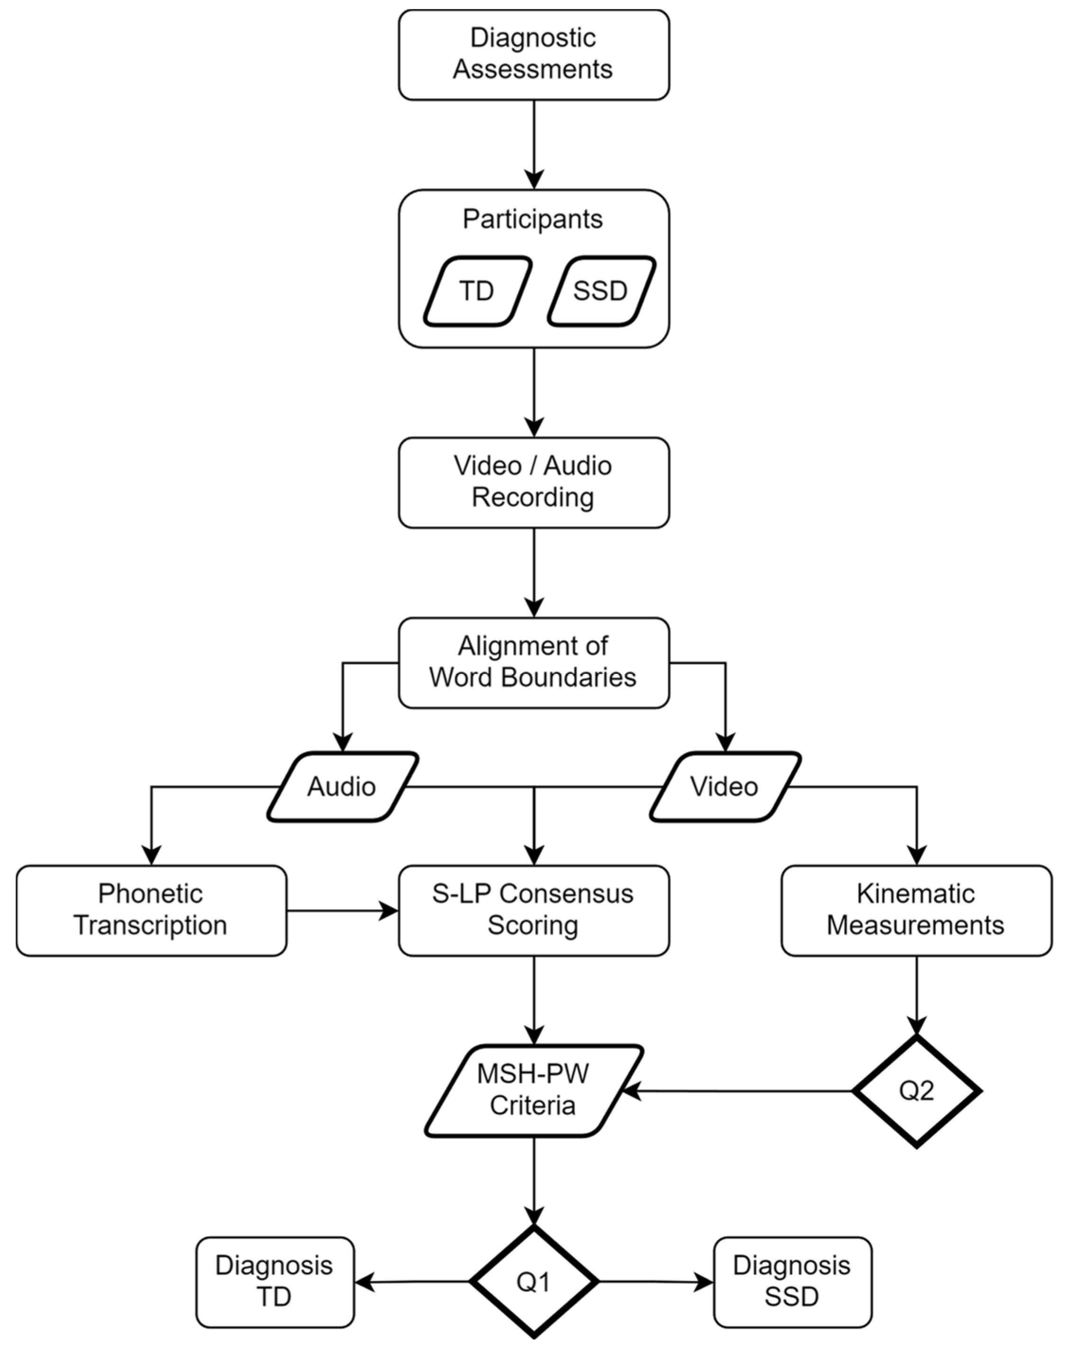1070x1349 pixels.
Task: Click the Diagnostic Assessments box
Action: pyautogui.click(x=533, y=54)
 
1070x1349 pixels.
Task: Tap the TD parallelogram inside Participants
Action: pyautogui.click(x=477, y=291)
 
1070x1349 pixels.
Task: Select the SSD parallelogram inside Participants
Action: pyautogui.click(x=601, y=291)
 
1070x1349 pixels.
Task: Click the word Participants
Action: pyautogui.click(x=532, y=219)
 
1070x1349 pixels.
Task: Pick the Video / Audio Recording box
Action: pyautogui.click(x=533, y=482)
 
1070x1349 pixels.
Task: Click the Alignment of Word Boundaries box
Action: pyautogui.click(x=533, y=662)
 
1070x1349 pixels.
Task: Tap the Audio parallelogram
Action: pyautogui.click(x=342, y=786)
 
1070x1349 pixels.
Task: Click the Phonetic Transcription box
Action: pyautogui.click(x=151, y=910)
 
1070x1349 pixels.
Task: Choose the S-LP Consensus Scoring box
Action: pyautogui.click(x=533, y=910)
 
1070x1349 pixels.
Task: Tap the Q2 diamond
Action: pyautogui.click(x=916, y=1091)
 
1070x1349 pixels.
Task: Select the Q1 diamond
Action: pyautogui.click(x=533, y=1282)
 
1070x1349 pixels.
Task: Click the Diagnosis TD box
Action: pyautogui.click(x=275, y=1282)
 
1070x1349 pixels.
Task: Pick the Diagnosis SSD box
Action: pyautogui.click(x=791, y=1282)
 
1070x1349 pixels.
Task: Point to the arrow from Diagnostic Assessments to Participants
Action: pyautogui.click(x=534, y=144)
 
